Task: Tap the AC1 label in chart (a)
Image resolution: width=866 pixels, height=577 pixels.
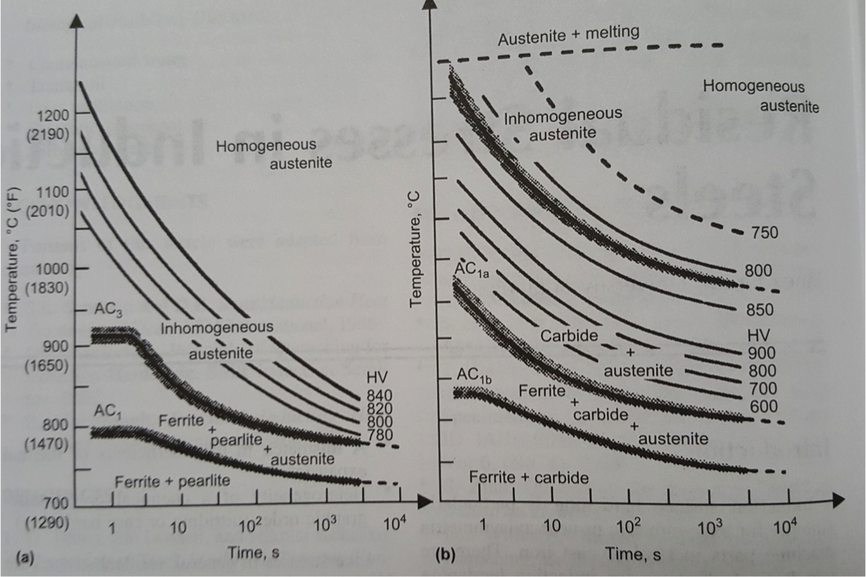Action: [x=106, y=410]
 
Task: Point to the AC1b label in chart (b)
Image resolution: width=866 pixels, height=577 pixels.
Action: [x=474, y=375]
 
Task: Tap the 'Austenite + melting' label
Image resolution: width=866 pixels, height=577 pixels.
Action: [x=568, y=32]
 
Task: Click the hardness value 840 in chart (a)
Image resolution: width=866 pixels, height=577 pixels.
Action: [x=377, y=394]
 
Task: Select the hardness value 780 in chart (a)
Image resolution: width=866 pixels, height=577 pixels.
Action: [x=377, y=435]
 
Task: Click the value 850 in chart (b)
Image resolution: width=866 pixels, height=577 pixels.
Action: [x=761, y=310]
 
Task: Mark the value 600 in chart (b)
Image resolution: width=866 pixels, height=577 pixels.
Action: [x=763, y=407]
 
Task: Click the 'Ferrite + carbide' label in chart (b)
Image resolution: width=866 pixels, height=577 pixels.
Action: [x=528, y=478]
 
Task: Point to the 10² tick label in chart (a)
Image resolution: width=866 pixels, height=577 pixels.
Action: [x=251, y=528]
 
